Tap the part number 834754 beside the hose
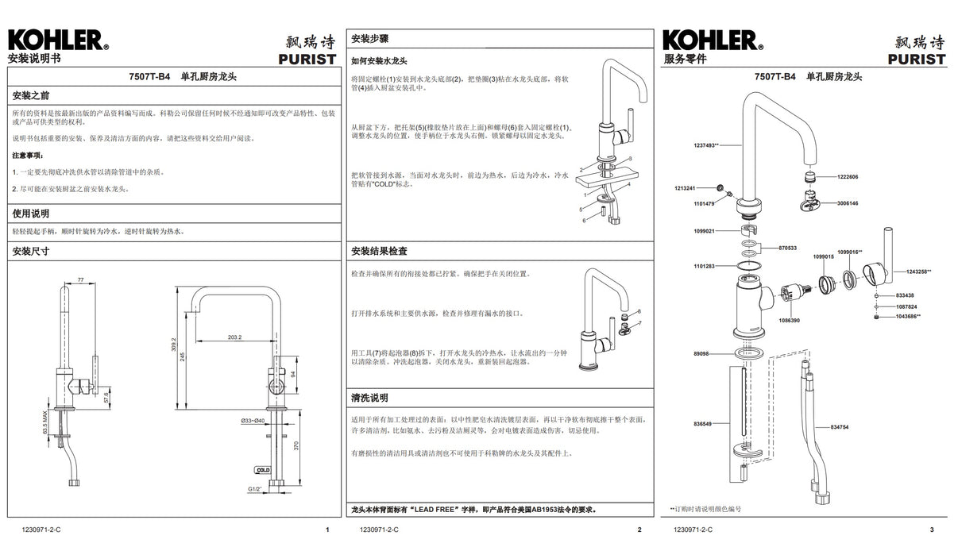tap(839, 427)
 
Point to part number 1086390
tap(790, 320)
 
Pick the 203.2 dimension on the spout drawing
tap(234, 337)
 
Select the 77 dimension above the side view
tap(80, 280)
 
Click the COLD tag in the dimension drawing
tap(263, 470)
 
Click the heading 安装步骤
tap(369, 39)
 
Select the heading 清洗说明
tap(369, 397)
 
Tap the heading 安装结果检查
tap(380, 251)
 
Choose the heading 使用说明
tap(31, 214)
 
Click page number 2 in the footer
tap(639, 530)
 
